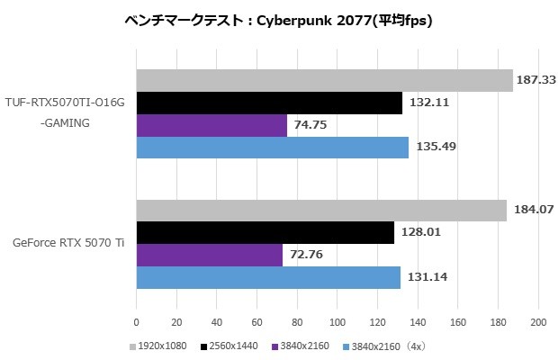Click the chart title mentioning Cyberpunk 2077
pyautogui.click(x=278, y=21)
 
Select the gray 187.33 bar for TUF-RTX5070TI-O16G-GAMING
pyautogui.click(x=324, y=81)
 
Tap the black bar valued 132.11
pyautogui.click(x=269, y=103)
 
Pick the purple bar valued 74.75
pyautogui.click(x=211, y=125)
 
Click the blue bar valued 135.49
pyautogui.click(x=272, y=147)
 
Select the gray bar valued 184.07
pyautogui.click(x=321, y=211)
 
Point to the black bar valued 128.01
pyautogui.click(x=265, y=233)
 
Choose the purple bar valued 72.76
pyautogui.click(x=209, y=255)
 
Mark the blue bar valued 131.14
pyautogui.click(x=268, y=277)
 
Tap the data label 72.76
pyautogui.click(x=307, y=256)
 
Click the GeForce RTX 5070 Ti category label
pyautogui.click(x=68, y=244)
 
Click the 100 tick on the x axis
pyautogui.click(x=337, y=321)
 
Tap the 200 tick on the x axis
pyautogui.click(x=538, y=321)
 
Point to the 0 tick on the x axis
pyautogui.click(x=136, y=321)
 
